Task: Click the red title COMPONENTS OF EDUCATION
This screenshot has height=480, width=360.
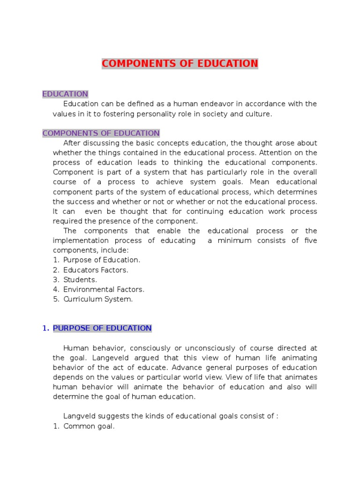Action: (180, 64)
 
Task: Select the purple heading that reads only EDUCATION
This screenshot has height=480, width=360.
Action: (65, 94)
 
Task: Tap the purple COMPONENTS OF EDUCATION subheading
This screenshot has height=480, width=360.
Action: (101, 133)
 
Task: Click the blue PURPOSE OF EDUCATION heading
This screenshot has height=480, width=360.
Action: (102, 328)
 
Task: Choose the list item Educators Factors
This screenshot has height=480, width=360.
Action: (96, 270)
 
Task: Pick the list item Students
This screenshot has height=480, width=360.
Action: (80, 280)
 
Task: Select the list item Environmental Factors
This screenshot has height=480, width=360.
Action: (104, 290)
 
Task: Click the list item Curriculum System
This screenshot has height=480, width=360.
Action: (98, 299)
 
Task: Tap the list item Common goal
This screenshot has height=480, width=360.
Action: (89, 427)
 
